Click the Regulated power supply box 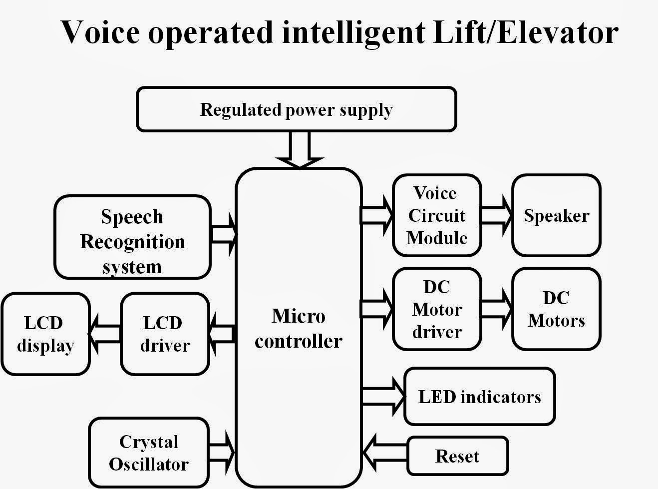pyautogui.click(x=296, y=109)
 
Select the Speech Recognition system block pyautogui.click(x=132, y=237)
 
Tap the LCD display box pyautogui.click(x=45, y=334)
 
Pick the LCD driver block pyautogui.click(x=165, y=334)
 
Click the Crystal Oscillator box pyautogui.click(x=149, y=453)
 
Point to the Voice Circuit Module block pyautogui.click(x=437, y=215)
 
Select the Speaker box pyautogui.click(x=556, y=215)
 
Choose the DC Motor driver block pyautogui.click(x=437, y=309)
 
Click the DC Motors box pyautogui.click(x=556, y=309)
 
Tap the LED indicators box pyautogui.click(x=479, y=397)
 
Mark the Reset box pyautogui.click(x=457, y=456)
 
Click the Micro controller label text pyautogui.click(x=298, y=328)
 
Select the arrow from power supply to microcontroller pyautogui.click(x=300, y=150)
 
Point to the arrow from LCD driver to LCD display pyautogui.click(x=105, y=334)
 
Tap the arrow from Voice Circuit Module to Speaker pyautogui.click(x=496, y=215)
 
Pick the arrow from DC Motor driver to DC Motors pyautogui.click(x=496, y=309)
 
